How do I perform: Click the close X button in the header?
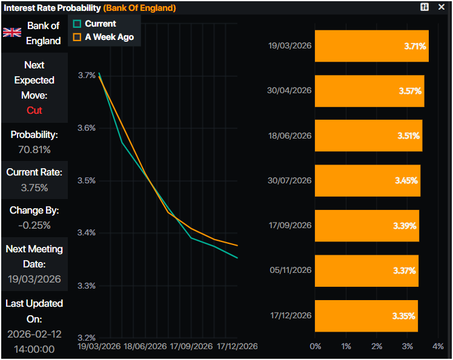pos(441,7)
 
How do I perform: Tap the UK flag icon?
pos(12,33)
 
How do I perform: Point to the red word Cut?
pos(35,110)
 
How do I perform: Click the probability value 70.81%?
pos(35,149)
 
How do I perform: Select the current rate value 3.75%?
pos(35,188)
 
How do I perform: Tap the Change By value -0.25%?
pos(35,225)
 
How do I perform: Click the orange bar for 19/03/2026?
pos(371,46)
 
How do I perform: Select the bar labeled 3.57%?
pos(369,91)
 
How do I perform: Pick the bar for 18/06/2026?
pos(368,136)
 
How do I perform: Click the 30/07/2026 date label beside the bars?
pos(289,180)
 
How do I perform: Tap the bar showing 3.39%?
pos(366,225)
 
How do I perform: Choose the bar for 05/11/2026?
pos(366,270)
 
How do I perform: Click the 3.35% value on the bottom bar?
pos(403,315)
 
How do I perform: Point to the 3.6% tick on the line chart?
pos(87,128)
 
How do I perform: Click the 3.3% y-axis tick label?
pos(87,286)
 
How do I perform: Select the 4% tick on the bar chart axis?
pos(438,347)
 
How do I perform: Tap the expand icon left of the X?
pos(425,7)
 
